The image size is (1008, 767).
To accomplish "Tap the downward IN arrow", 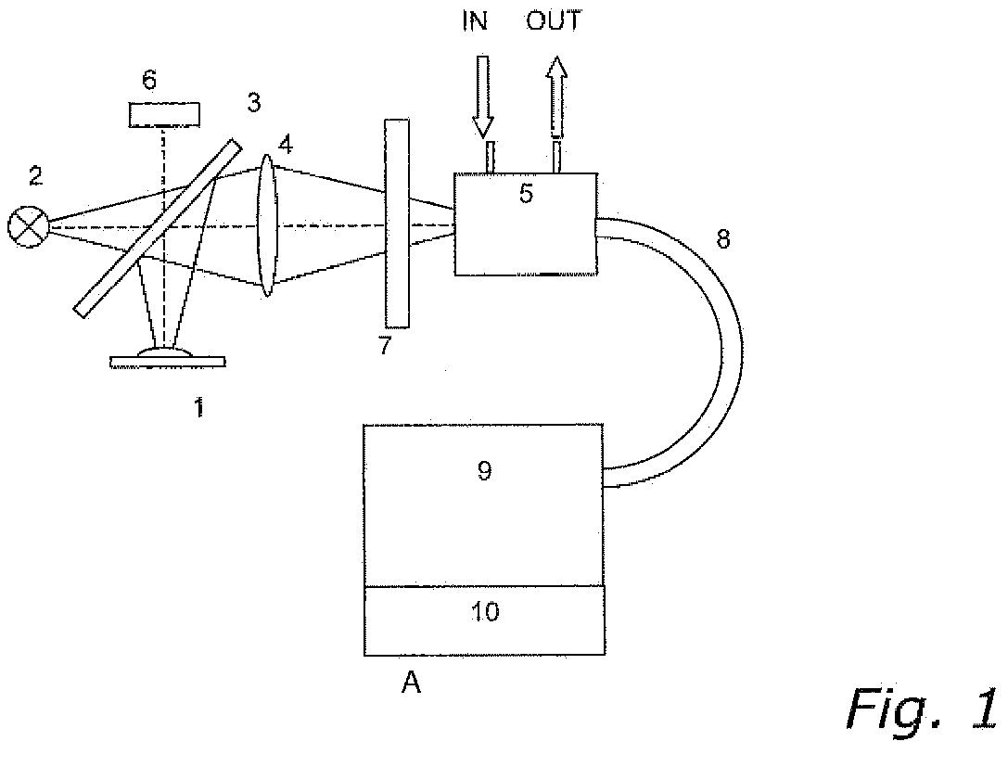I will point(482,93).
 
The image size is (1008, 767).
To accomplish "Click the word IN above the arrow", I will point(476,21).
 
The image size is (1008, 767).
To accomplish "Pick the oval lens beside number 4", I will point(267,225).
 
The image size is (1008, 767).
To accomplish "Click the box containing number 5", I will point(524,224).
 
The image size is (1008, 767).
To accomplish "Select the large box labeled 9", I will point(483,505).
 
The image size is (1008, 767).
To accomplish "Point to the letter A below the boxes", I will point(410,684).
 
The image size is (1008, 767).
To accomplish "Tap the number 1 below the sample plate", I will point(198,406).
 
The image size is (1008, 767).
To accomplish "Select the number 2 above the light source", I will point(34,175).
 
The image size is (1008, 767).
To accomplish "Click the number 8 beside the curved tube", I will point(722,239).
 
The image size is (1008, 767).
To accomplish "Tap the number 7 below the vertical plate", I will point(385,347).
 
